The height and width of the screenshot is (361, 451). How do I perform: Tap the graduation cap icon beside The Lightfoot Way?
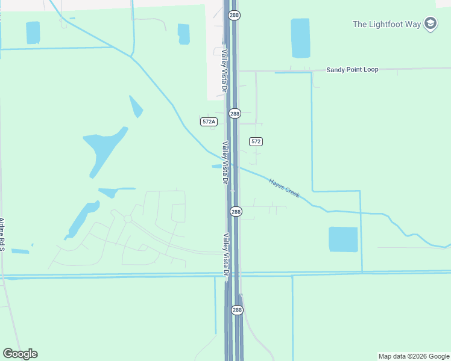[x=430, y=24]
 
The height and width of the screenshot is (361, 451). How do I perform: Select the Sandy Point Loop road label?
[x=352, y=70]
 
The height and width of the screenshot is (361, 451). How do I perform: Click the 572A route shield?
[x=209, y=122]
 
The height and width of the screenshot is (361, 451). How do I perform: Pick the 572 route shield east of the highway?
[x=256, y=141]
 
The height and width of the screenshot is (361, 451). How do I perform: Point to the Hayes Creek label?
[x=284, y=188]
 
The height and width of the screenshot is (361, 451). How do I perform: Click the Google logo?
[x=20, y=354]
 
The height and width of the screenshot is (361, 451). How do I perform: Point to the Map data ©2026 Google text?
[x=414, y=356]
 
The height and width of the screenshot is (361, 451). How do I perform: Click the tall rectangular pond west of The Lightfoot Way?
[x=300, y=38]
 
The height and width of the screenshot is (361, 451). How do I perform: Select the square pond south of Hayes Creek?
[x=343, y=239]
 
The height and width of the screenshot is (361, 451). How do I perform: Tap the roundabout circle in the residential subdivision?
[x=128, y=219]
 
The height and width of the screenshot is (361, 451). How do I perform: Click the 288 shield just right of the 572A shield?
[x=235, y=113]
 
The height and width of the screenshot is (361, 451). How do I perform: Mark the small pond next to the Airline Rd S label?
[x=20, y=251]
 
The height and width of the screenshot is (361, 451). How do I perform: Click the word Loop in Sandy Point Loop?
[x=371, y=70]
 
